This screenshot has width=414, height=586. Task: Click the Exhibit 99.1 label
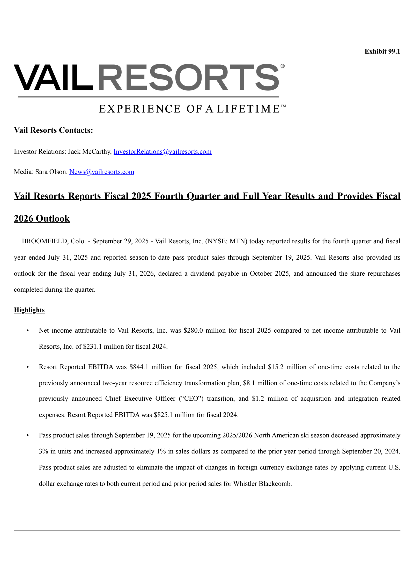click(382, 52)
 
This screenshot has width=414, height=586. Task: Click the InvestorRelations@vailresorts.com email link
click(162, 151)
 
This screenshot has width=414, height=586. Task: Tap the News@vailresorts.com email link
click(102, 172)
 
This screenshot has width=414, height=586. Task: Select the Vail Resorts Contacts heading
click(53, 130)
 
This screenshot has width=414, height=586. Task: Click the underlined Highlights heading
click(29, 310)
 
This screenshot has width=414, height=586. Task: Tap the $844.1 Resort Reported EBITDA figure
click(139, 367)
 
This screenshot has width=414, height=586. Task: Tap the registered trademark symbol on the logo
click(283, 66)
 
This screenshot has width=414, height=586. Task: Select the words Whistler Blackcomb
click(262, 484)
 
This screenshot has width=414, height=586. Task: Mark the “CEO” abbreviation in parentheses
click(191, 399)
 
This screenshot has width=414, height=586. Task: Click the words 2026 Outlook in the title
click(42, 218)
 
